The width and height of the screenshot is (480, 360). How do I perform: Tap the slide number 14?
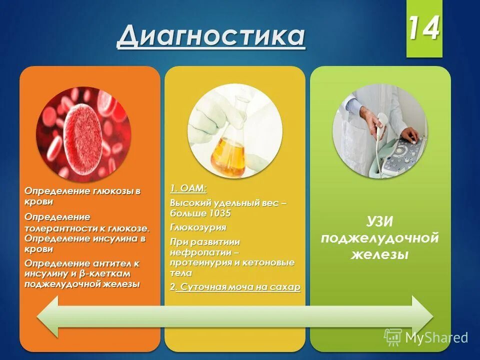pos(424,29)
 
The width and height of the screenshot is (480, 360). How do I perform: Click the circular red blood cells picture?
pos(83,134)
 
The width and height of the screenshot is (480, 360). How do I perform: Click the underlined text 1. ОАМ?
pos(187,188)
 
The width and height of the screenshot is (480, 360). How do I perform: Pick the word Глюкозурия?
pos(198,227)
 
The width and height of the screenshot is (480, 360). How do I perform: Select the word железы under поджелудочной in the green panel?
pos(380,254)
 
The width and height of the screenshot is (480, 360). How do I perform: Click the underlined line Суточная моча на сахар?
pos(238,287)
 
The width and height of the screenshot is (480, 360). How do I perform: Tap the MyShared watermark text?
pos(435,337)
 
